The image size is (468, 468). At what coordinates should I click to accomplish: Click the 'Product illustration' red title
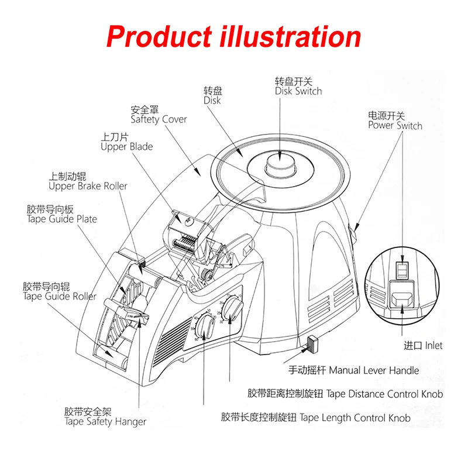[x=234, y=36]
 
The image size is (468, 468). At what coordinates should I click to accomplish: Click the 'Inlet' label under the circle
[x=424, y=345]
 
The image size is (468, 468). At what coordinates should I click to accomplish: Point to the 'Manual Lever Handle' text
[x=354, y=370]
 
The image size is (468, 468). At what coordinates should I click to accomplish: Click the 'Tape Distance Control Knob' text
[x=345, y=394]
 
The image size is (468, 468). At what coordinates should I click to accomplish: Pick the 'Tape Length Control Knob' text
[x=316, y=418]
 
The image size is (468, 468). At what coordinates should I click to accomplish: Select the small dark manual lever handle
[x=311, y=343]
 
